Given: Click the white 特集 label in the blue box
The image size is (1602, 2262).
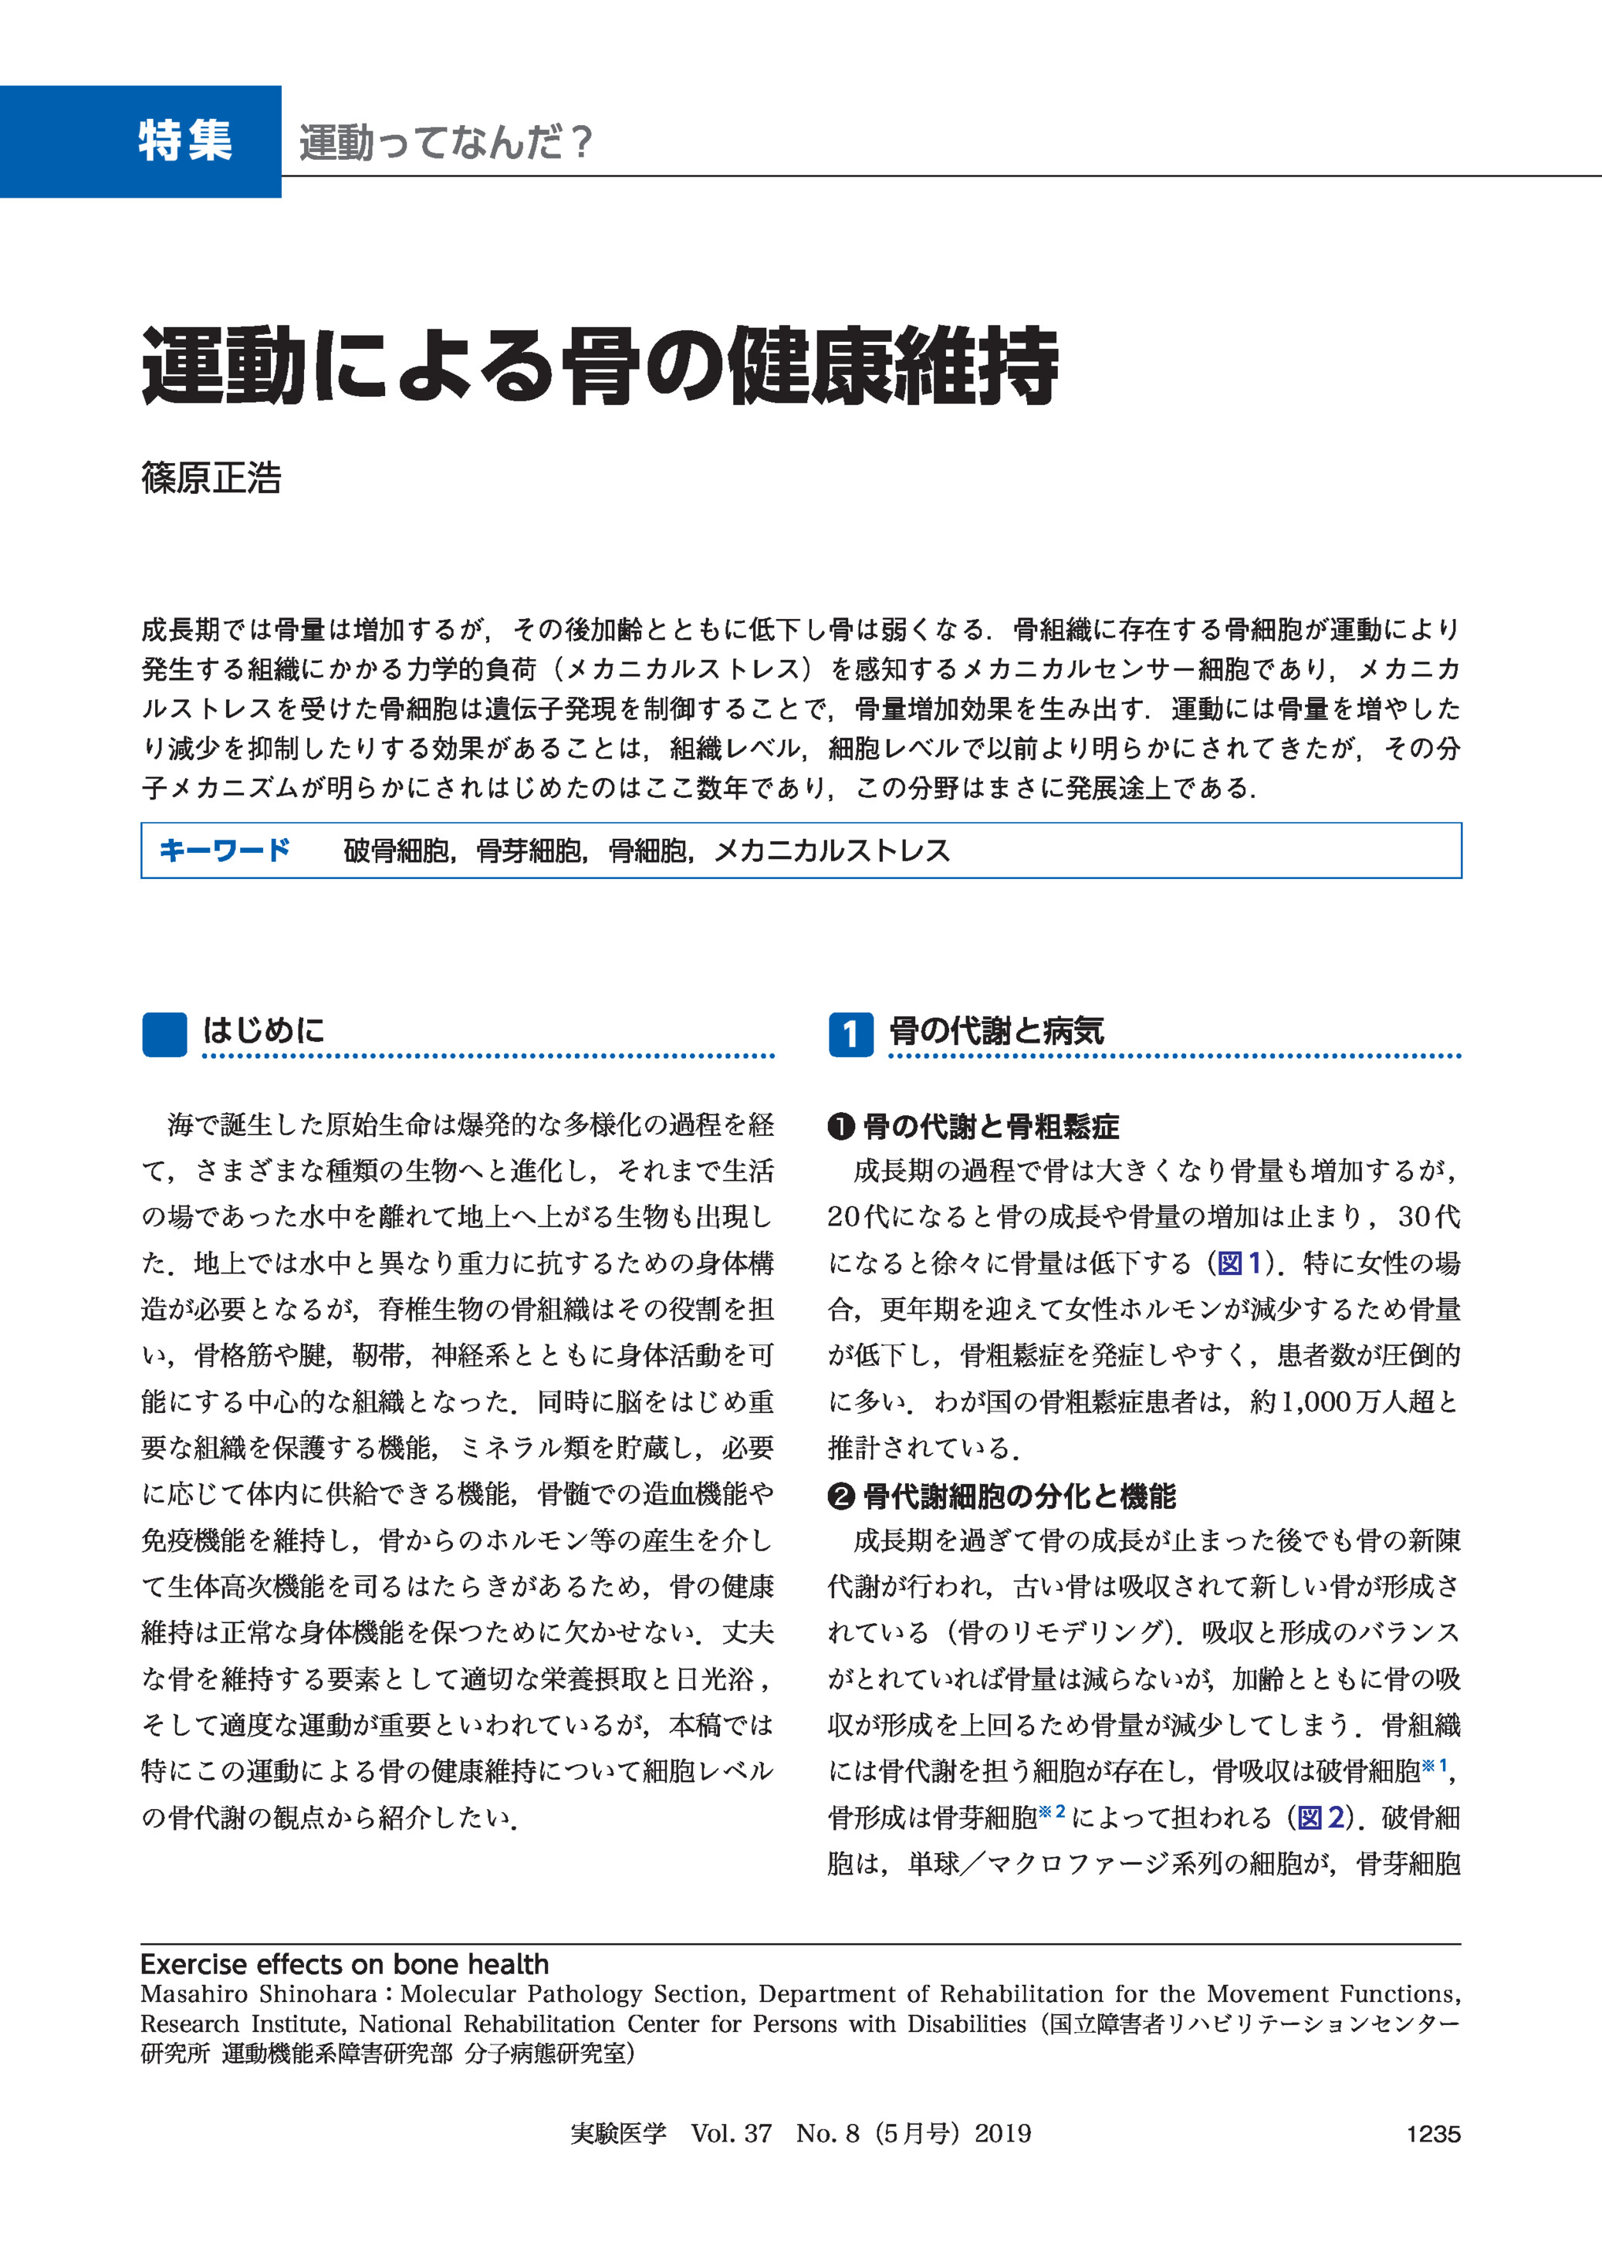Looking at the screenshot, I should point(185,141).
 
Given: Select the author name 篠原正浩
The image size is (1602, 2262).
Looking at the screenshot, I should point(211,478).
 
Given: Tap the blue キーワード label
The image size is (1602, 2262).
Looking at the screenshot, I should point(225,850).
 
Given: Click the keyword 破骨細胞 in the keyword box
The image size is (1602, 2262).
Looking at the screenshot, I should point(397,850).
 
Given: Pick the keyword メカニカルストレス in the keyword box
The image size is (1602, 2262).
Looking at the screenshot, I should point(832,850).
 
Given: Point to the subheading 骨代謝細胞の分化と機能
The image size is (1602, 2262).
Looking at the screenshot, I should point(1019,1496).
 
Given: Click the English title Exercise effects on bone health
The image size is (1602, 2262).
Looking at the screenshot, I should point(344,1963).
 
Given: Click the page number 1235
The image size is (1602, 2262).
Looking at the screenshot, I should point(1432,2134).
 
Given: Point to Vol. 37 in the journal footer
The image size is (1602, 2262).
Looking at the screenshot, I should point(731,2134).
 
